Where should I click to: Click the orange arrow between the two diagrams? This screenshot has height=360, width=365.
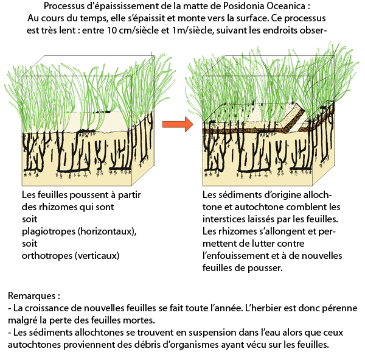click(x=178, y=124)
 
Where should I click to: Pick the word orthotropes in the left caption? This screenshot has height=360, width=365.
click(x=47, y=256)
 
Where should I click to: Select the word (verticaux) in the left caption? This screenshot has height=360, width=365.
click(x=97, y=256)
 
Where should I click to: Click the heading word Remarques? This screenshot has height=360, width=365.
click(x=32, y=296)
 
